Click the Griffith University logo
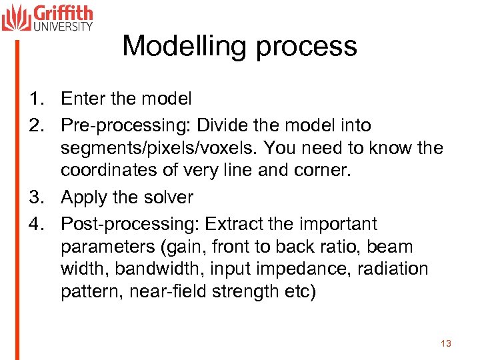pos(47,17)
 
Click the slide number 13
pos(446,343)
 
